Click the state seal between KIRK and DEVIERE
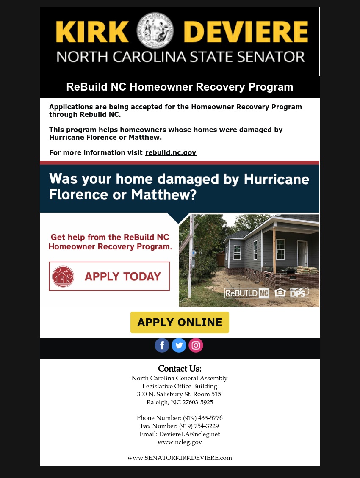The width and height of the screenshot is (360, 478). (x=156, y=30)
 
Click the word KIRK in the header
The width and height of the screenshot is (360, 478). (x=92, y=31)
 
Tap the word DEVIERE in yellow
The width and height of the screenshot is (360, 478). (x=246, y=31)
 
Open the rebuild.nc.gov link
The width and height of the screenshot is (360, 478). (x=171, y=152)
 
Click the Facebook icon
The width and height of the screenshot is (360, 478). (x=162, y=345)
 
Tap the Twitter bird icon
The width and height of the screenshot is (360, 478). (x=179, y=345)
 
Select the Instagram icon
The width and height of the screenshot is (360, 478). (x=196, y=345)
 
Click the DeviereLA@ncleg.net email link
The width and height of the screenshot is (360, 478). (x=189, y=434)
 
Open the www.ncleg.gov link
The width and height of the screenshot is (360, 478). (x=180, y=442)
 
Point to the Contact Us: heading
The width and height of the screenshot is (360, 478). (x=180, y=369)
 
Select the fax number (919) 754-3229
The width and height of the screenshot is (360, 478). (x=199, y=426)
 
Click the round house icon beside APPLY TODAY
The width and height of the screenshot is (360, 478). (x=63, y=276)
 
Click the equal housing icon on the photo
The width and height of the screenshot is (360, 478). (x=280, y=293)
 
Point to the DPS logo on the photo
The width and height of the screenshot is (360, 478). (x=299, y=292)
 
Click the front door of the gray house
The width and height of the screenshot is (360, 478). (x=302, y=254)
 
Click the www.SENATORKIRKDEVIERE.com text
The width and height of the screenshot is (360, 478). (x=180, y=458)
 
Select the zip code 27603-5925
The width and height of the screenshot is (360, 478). (x=197, y=402)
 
